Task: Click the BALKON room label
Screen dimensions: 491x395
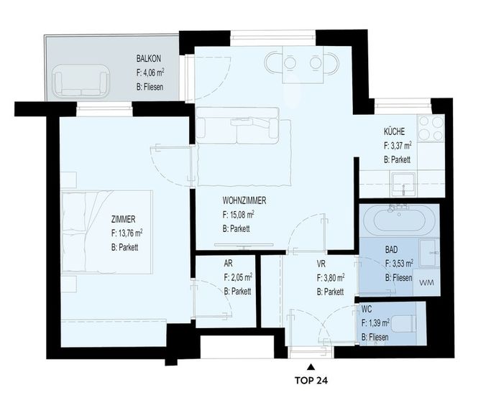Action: click(148, 58)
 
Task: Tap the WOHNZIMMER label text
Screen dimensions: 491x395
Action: click(244, 200)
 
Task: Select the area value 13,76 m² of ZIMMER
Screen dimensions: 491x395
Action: click(127, 233)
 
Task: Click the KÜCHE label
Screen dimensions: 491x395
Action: click(394, 131)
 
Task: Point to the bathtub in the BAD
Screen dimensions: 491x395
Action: click(399, 220)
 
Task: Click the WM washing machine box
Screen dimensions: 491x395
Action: click(426, 283)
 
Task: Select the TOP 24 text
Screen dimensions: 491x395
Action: click(311, 381)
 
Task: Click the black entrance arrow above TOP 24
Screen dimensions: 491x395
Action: click(311, 366)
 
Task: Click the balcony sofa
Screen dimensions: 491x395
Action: click(81, 80)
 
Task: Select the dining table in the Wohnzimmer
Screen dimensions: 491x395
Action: click(303, 65)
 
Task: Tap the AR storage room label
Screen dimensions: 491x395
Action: click(229, 264)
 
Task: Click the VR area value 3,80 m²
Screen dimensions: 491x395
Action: click(331, 277)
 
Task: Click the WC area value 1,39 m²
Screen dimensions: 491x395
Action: click(375, 322)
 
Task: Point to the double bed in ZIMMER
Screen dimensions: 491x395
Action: click(106, 232)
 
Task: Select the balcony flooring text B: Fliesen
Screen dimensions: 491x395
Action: click(150, 87)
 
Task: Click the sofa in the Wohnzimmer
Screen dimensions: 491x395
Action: click(237, 126)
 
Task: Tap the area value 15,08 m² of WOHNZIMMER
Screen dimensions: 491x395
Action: click(238, 215)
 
